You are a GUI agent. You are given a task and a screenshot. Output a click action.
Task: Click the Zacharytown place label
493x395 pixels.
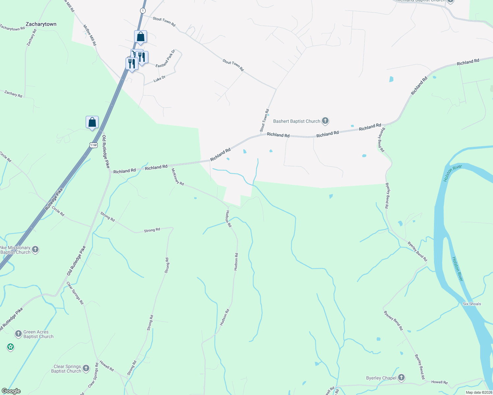41,24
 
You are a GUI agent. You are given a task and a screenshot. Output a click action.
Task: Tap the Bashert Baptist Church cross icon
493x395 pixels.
325,121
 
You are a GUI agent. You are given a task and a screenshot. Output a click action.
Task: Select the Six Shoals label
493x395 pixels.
472,304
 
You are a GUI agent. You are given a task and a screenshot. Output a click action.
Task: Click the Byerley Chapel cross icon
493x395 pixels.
401,378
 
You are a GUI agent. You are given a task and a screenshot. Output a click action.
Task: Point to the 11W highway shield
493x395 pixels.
93,145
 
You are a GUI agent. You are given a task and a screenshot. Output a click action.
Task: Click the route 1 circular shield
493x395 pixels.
142,11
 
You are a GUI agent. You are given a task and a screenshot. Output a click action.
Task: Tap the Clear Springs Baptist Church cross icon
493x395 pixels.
86,368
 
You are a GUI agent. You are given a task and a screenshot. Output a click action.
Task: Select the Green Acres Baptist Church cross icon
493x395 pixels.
18,334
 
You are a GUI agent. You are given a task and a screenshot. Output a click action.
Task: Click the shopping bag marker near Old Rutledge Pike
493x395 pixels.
92,122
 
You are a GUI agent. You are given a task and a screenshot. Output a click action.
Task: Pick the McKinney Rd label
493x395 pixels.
178,177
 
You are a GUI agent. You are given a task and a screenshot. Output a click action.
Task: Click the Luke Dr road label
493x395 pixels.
159,79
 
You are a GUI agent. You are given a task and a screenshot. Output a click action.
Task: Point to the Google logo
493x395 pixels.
11,391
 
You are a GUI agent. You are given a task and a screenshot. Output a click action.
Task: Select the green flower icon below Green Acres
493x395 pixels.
11,347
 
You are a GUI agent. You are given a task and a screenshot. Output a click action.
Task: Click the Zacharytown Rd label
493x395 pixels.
12,28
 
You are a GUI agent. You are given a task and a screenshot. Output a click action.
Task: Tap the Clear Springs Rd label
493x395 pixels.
75,293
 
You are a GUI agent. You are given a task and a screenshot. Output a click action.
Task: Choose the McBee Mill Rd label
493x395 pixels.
90,35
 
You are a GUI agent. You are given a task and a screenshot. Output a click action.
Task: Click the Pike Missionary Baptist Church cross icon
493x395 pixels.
35,250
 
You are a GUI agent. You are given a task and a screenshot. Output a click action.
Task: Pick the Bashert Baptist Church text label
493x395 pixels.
297,121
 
